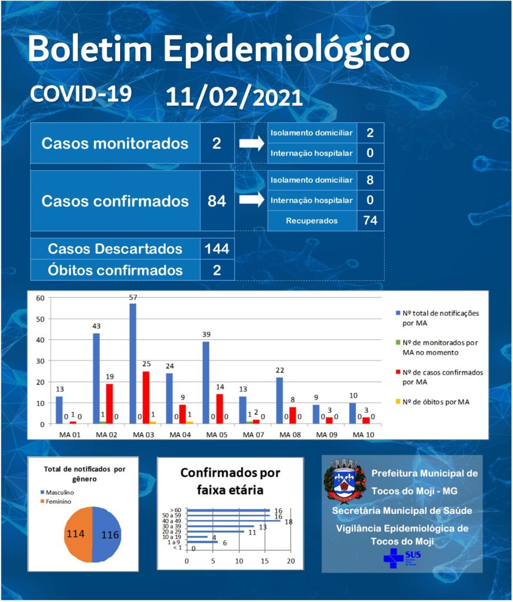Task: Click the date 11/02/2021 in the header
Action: point(234,97)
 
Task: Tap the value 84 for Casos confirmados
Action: point(216,201)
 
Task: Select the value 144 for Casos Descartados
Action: point(216,249)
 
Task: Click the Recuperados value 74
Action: point(370,220)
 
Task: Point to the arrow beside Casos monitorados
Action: point(252,143)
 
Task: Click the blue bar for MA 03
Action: point(133,363)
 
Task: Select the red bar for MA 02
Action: point(109,403)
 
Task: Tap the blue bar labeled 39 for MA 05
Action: point(206,383)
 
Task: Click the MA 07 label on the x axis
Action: point(253,434)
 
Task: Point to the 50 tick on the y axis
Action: point(41,319)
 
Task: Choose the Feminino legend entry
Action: point(56,501)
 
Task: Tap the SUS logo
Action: point(402,558)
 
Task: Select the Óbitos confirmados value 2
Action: point(216,270)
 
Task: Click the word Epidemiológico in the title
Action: point(287,50)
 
